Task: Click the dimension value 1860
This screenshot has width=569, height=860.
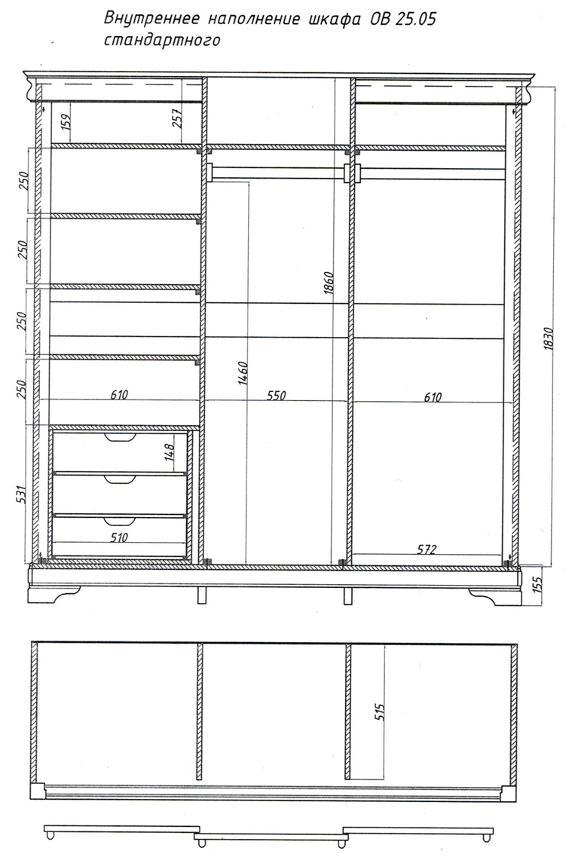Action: tap(329, 283)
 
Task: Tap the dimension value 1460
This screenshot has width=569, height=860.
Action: tap(244, 373)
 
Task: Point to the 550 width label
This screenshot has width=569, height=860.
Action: tap(276, 396)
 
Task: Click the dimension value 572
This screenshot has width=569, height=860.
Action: tap(427, 549)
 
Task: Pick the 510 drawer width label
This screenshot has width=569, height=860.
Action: tap(119, 537)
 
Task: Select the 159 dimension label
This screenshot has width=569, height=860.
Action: tap(66, 121)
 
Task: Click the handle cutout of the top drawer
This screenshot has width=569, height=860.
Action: tap(120, 436)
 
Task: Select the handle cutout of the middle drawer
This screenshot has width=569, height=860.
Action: tap(120, 479)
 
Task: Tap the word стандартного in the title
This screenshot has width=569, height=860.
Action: tap(162, 40)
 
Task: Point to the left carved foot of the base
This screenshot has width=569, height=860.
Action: tap(54, 595)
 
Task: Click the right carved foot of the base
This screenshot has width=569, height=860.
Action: tap(495, 595)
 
